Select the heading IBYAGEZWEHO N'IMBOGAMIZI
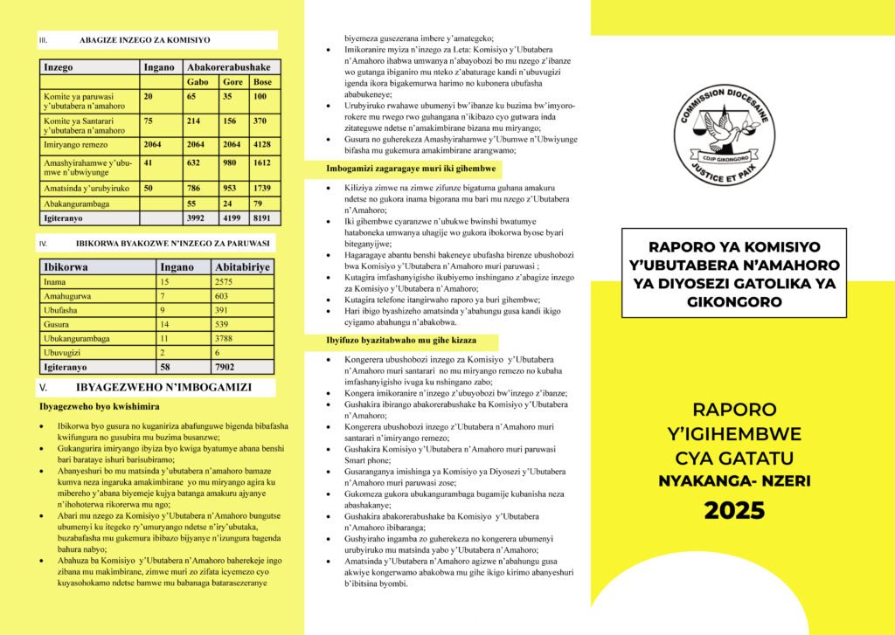(163, 387)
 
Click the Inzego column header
(59, 66)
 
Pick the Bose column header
(262, 82)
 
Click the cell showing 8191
(262, 218)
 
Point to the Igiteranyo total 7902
(229, 368)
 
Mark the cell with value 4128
(262, 144)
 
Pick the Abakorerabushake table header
(229, 66)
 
